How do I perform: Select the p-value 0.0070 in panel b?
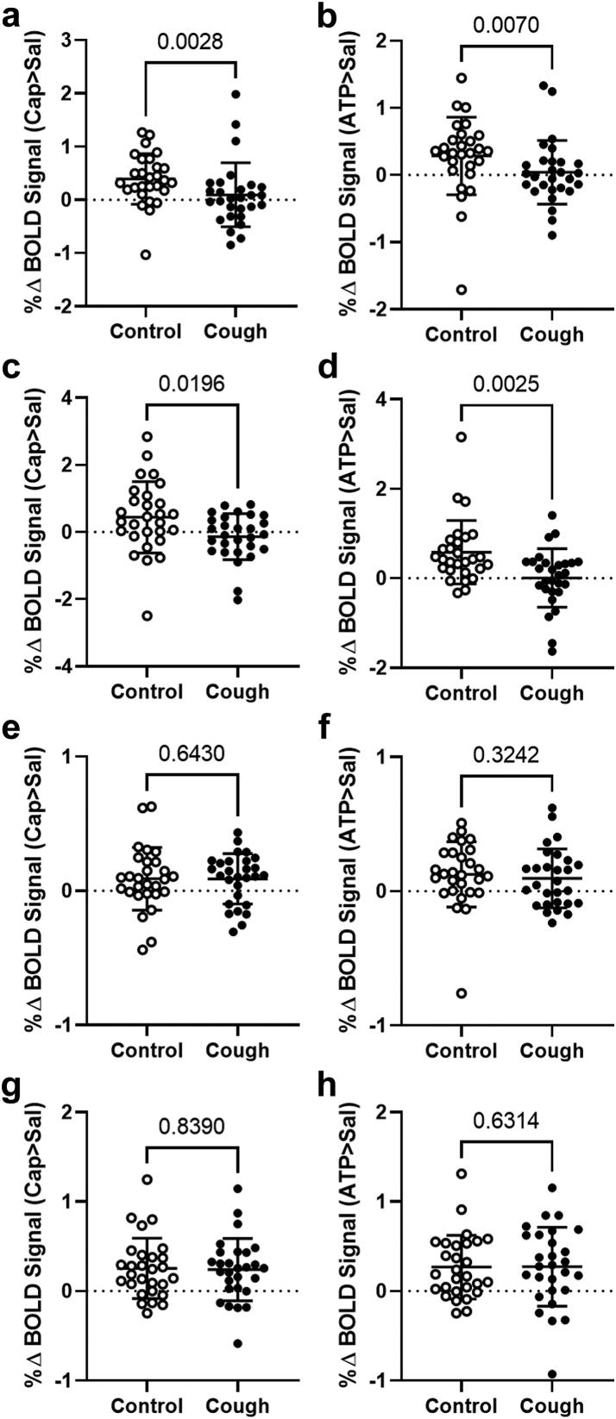coord(506,24)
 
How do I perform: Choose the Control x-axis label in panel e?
coord(146,1049)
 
